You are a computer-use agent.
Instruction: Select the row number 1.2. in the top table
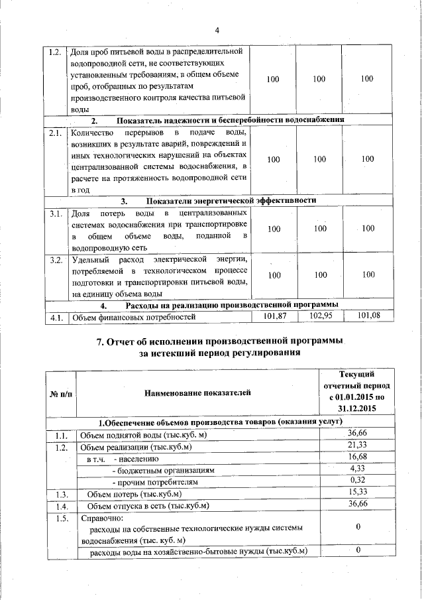coord(56,52)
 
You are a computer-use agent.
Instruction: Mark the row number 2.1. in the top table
coord(56,133)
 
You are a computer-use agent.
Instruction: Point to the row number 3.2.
coord(56,259)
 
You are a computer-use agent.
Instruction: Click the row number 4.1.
coord(56,317)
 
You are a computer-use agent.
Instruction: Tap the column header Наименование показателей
coord(197,394)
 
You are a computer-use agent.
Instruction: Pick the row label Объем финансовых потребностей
coord(133,317)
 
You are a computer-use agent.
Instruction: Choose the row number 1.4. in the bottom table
coord(62,506)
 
